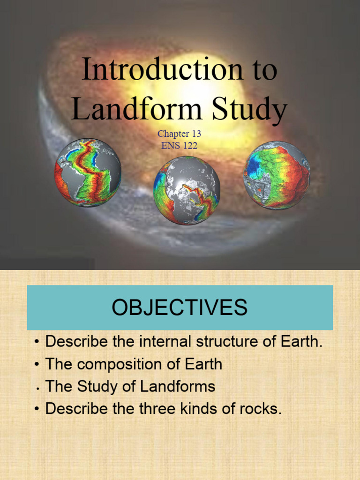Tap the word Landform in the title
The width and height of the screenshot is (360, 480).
(x=136, y=109)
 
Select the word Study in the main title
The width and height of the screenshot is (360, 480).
(x=248, y=109)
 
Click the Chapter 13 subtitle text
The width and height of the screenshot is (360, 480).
(x=180, y=135)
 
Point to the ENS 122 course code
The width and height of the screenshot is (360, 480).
(x=180, y=146)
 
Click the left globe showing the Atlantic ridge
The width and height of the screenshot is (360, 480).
(x=88, y=172)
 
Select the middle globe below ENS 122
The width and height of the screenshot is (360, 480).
(x=187, y=190)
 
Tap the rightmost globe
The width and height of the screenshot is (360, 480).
(x=277, y=175)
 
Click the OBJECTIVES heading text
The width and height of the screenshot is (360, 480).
(x=180, y=307)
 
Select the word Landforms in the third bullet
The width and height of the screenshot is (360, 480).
(x=180, y=386)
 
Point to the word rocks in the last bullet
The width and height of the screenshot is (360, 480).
(x=262, y=409)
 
